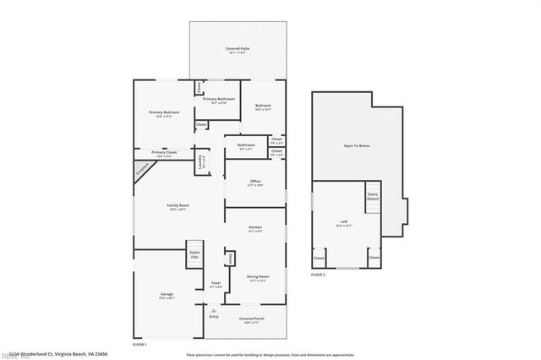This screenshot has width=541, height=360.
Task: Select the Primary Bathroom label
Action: click(x=221, y=101)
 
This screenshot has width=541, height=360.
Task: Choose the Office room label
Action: click(x=255, y=183)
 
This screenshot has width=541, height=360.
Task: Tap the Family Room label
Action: click(x=178, y=207)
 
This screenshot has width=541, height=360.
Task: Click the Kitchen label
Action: click(x=255, y=229)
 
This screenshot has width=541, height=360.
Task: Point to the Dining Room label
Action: click(x=258, y=278)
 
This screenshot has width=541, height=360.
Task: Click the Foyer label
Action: click(x=216, y=284)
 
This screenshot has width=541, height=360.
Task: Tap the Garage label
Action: click(x=167, y=296)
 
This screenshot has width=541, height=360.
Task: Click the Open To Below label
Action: click(x=356, y=146)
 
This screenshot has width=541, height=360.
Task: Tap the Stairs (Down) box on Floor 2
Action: click(x=373, y=197)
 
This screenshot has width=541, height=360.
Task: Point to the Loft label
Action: click(x=344, y=223)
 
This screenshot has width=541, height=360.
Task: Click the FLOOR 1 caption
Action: click(x=139, y=345)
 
